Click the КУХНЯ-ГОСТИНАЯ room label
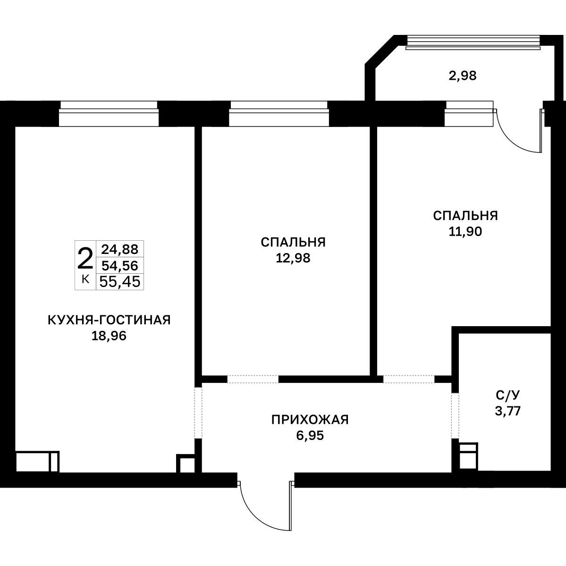(109, 320)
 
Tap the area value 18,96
(109, 336)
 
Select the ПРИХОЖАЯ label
(310, 420)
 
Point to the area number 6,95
(310, 436)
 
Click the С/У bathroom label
(508, 395)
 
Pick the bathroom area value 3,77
(508, 411)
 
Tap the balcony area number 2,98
(463, 76)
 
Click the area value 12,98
(293, 258)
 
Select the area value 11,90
(465, 231)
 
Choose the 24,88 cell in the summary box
(120, 249)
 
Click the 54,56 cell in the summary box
(120, 266)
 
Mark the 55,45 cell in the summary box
(120, 281)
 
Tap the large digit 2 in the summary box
(85, 259)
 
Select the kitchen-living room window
(109, 113)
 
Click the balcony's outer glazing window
(473, 42)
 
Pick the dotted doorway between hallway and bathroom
(455, 415)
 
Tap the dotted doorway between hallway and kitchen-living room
(198, 413)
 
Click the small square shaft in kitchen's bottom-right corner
(185, 464)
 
